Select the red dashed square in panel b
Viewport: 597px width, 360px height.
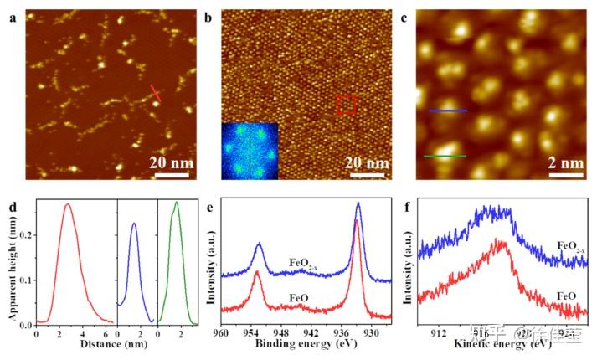(347, 105)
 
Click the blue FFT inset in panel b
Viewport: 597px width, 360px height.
(250, 150)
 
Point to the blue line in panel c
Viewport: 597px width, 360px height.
(447, 111)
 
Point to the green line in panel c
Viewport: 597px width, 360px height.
(445, 156)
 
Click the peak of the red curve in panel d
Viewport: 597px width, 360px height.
(68, 204)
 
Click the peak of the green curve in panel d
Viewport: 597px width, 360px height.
(176, 203)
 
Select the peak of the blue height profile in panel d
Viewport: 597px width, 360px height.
(134, 223)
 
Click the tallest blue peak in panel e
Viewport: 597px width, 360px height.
(358, 203)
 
